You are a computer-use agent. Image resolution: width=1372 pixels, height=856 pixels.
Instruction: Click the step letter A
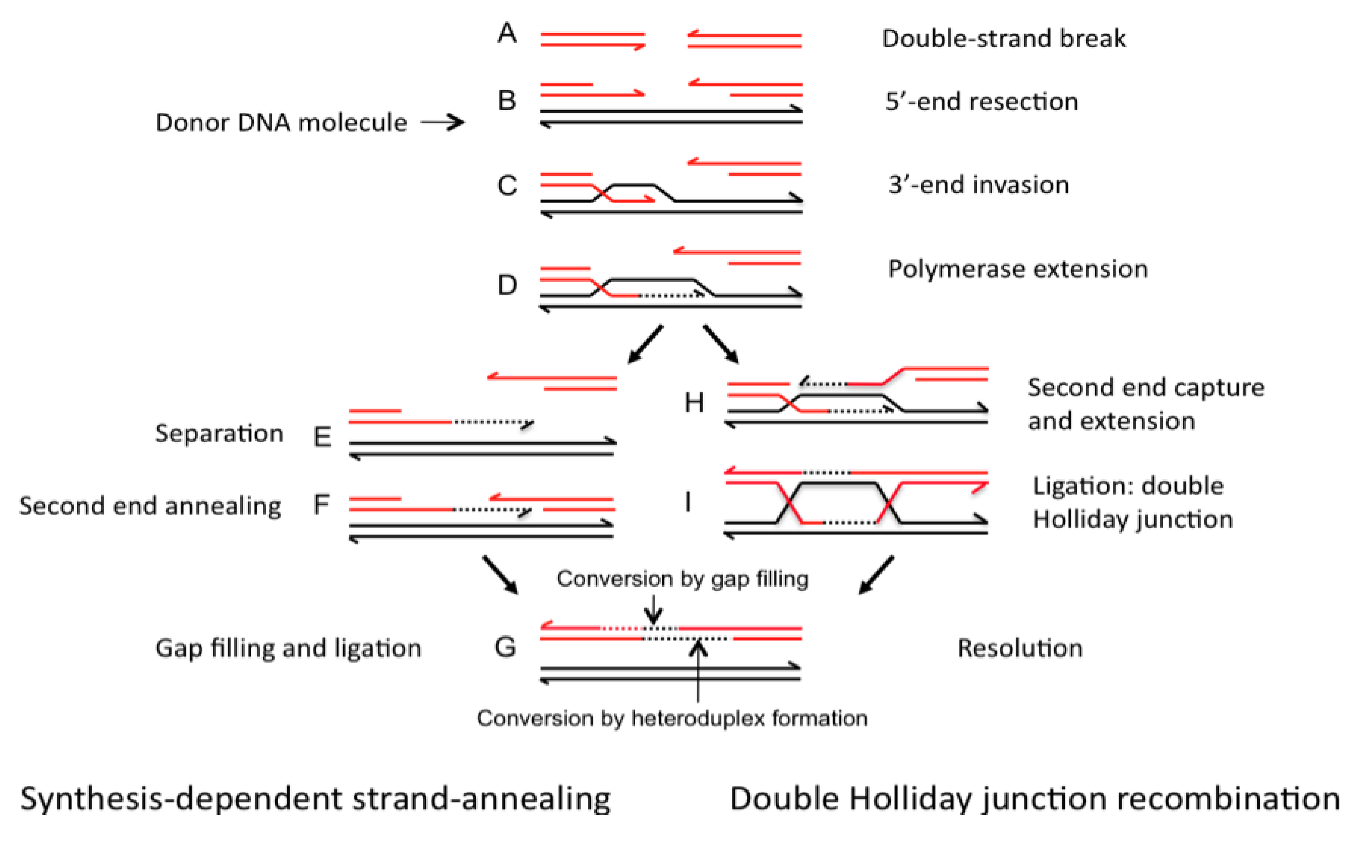507,33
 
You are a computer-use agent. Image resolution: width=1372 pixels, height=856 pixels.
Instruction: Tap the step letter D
507,285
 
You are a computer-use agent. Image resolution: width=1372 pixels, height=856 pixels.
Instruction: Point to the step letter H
694,403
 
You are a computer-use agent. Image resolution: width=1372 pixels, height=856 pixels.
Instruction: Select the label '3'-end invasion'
978,185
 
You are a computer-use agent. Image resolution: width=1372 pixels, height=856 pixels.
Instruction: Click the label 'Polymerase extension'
1018,269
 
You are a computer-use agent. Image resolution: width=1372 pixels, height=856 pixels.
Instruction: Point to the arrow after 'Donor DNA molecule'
443,122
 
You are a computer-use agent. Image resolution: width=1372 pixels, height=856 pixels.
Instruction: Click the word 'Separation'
219,434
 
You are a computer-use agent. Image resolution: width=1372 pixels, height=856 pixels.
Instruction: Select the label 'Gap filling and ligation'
288,648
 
